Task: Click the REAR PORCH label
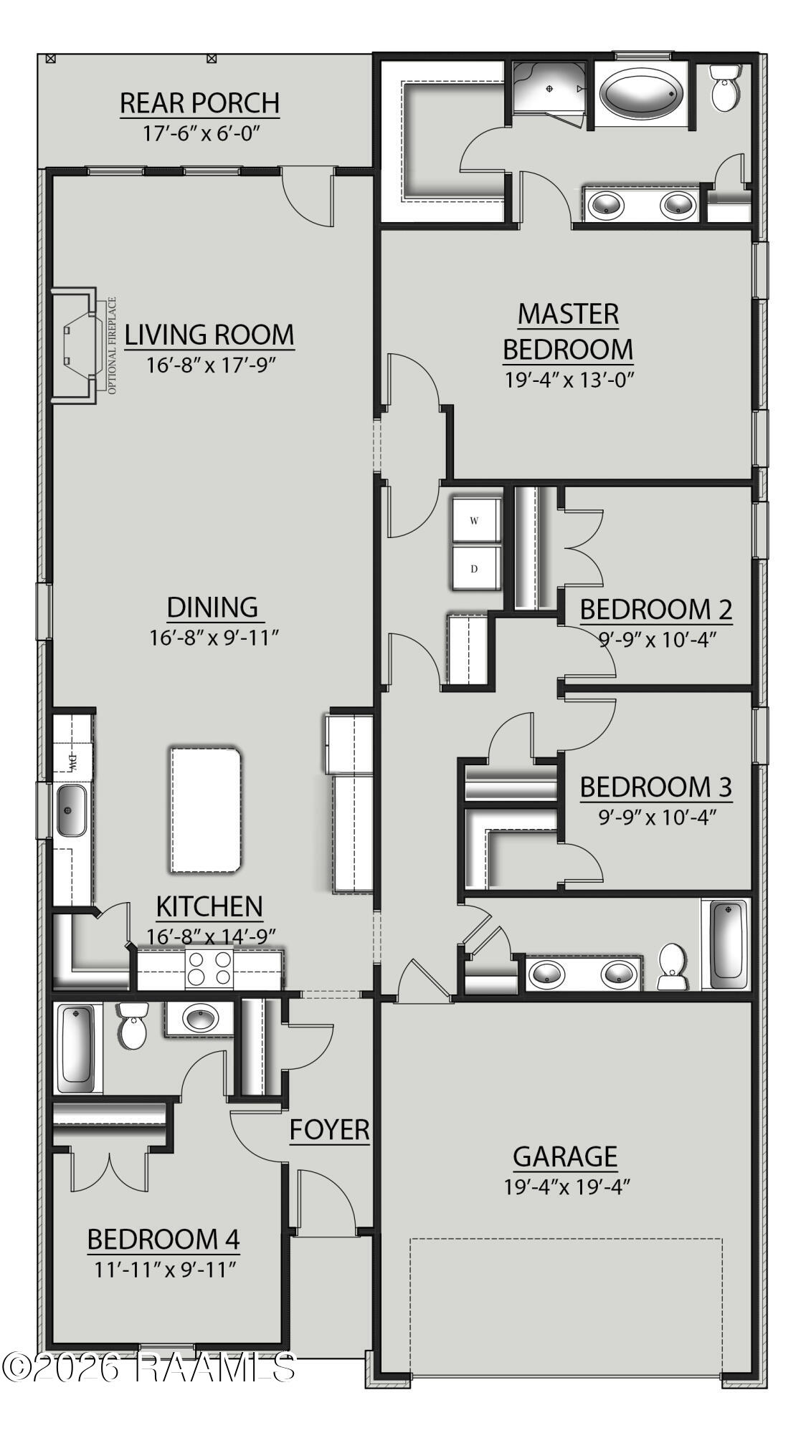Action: [199, 103]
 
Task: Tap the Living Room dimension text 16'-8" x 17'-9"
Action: [211, 365]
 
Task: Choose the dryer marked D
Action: [475, 569]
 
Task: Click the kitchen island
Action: [205, 810]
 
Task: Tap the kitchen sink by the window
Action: [71, 810]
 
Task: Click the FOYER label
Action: [329, 1130]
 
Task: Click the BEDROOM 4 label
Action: [163, 1239]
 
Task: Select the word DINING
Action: [212, 607]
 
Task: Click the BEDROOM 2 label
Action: [655, 610]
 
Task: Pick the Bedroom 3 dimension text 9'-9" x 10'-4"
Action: [658, 817]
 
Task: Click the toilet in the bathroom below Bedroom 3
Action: [672, 967]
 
